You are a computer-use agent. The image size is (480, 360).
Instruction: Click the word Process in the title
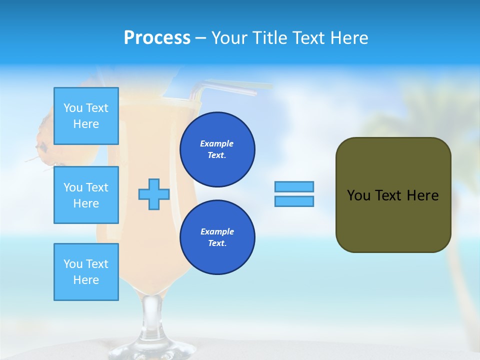157,38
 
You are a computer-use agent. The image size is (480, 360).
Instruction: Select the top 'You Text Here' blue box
86,116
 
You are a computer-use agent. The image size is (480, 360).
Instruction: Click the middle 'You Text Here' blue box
86,195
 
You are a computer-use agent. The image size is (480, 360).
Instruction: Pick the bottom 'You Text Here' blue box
86,272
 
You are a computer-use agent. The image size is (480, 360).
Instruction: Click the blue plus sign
154,194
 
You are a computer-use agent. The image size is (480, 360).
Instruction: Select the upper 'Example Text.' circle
217,149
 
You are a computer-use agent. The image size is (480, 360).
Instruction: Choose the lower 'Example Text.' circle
217,237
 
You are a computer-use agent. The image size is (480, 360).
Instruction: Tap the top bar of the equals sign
294,186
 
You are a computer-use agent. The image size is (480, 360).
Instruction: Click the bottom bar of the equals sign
294,201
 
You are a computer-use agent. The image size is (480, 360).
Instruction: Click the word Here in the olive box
422,195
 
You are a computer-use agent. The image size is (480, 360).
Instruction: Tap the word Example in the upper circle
216,143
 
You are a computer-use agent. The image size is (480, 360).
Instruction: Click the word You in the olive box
358,195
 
